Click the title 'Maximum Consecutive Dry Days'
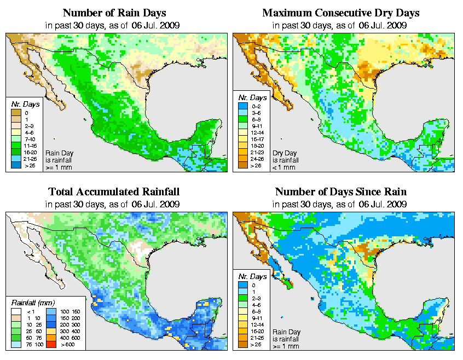[x=341, y=13]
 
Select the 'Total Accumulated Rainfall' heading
[x=114, y=192]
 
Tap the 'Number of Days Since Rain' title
[x=341, y=192]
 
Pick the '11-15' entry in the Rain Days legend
[x=15, y=145]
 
